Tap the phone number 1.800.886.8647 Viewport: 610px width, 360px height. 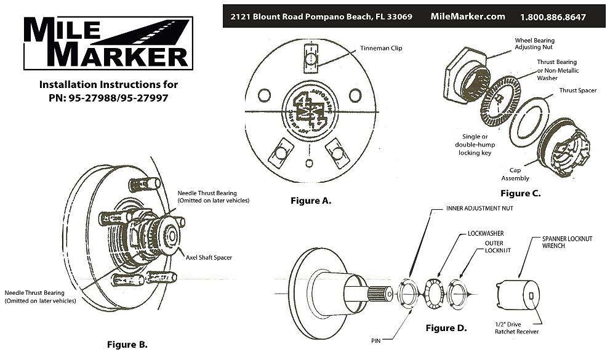tap(553, 17)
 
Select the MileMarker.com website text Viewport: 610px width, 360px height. tap(468, 17)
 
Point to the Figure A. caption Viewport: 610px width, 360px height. tap(311, 201)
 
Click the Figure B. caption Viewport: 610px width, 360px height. tap(127, 344)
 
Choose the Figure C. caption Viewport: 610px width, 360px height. tap(520, 193)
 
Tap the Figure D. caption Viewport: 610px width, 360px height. tap(446, 328)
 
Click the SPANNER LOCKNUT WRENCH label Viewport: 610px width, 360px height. tap(567, 242)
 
